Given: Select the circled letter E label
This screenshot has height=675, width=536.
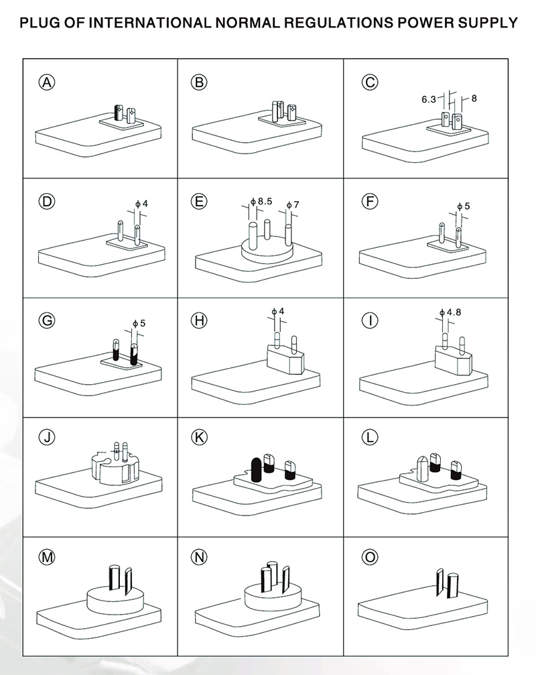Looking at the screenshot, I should [198, 201].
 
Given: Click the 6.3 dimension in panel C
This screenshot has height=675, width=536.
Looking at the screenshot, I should [429, 99].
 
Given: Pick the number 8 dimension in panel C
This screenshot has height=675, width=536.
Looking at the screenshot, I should [474, 98].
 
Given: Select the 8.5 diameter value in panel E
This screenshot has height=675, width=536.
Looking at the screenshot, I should [265, 201].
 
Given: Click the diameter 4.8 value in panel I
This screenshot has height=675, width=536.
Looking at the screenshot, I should [454, 312].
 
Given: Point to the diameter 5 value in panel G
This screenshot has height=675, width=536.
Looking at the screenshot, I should [143, 322].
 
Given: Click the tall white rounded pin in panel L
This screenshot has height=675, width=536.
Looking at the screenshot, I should [422, 468].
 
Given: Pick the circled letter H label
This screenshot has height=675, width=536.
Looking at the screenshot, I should [198, 320].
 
